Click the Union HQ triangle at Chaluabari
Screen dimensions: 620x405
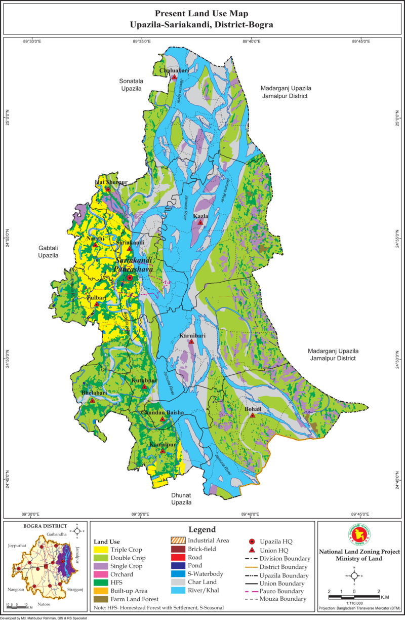[x=174, y=77]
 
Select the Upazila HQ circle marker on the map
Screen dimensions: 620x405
[x=130, y=278]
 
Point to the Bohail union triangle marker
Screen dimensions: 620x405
[x=252, y=415]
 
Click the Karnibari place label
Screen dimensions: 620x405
[x=191, y=335]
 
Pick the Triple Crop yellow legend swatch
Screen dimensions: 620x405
[x=103, y=550]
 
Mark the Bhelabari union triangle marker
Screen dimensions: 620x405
[x=92, y=400]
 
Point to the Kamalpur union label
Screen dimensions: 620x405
[x=163, y=444]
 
